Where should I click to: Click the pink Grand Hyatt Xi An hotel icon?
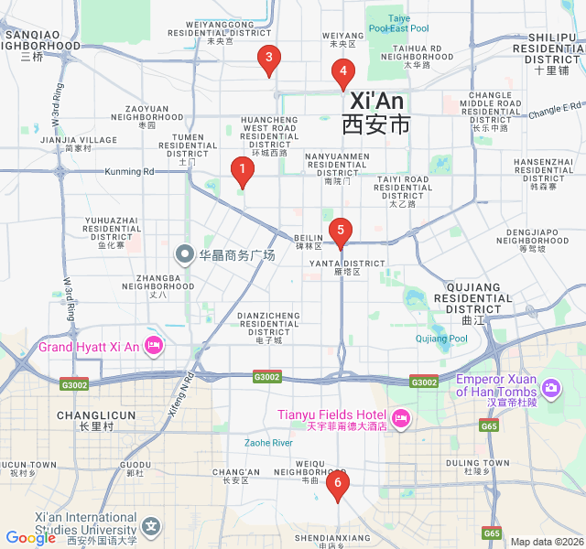point(154,346)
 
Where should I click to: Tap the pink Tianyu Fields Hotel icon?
point(400,420)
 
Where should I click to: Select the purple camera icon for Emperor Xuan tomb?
point(550,388)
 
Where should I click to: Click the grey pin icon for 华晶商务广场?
point(185,253)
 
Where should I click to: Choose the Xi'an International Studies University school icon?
point(151,526)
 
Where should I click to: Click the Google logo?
point(30,539)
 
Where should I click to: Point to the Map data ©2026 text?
point(546,542)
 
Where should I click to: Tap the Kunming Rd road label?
point(129,171)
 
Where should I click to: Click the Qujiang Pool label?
point(441,339)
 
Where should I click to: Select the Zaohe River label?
point(268,443)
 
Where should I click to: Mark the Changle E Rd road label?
point(555,109)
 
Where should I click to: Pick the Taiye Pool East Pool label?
point(398,23)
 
